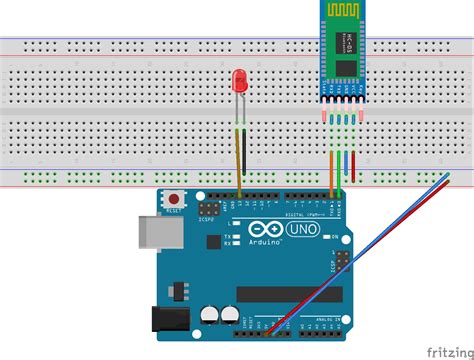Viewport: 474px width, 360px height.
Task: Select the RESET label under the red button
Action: (173, 212)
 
